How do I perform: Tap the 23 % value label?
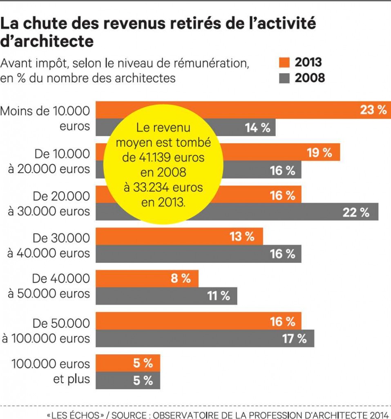(373, 110)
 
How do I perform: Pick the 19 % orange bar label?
(320, 153)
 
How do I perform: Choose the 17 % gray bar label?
(294, 338)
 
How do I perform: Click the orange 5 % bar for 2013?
(127, 363)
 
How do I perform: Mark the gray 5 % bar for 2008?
(127, 381)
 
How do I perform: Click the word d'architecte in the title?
(47, 41)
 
